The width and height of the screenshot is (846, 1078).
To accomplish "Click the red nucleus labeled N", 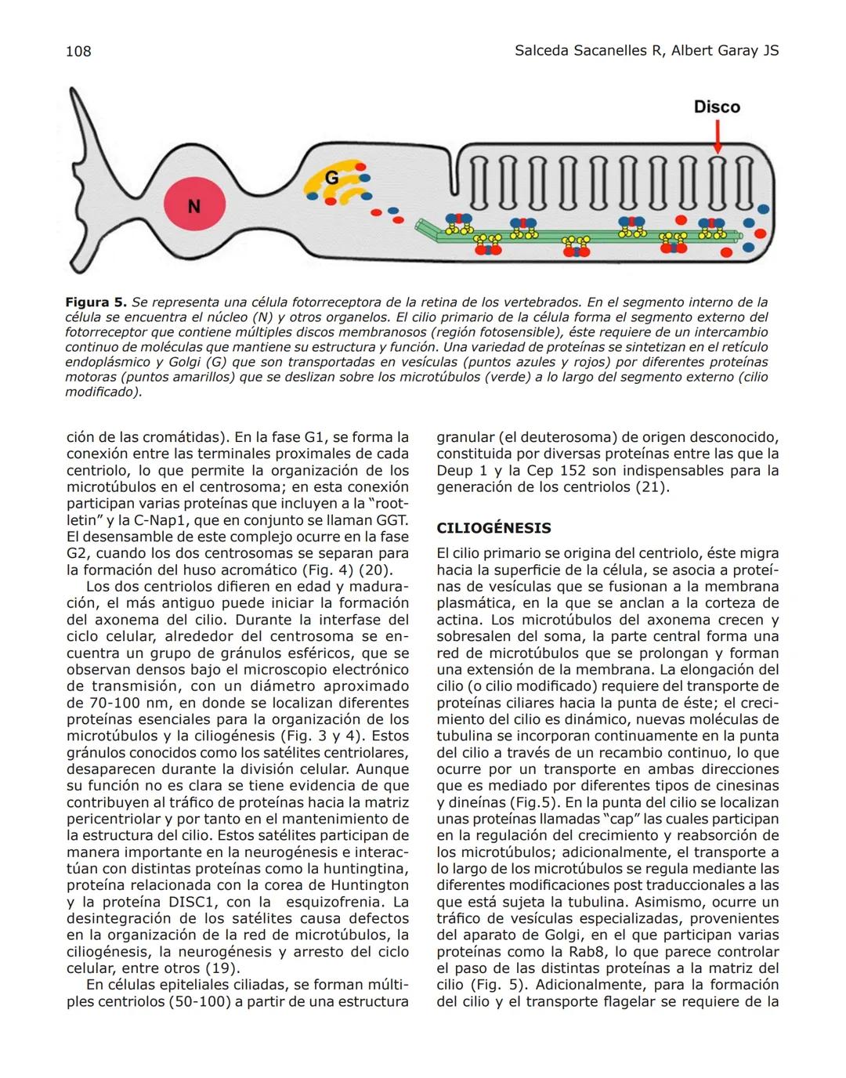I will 194,206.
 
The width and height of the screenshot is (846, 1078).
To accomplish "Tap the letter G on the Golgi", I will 332,179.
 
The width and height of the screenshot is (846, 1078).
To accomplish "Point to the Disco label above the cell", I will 717,107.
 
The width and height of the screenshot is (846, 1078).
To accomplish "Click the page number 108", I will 78,52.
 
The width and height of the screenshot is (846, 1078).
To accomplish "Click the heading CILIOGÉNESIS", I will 493,528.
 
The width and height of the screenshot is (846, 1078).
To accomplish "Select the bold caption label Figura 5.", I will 96,302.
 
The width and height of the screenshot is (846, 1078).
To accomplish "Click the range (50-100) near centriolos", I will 200,1002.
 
